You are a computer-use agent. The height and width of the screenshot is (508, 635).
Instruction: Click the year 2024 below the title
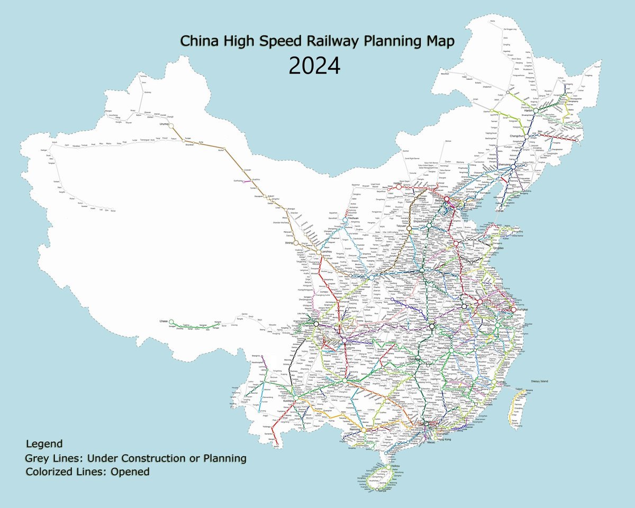pos(314,67)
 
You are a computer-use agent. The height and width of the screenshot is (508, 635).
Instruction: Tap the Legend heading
pos(44,443)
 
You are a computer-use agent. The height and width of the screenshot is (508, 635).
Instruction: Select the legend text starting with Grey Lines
pos(135,458)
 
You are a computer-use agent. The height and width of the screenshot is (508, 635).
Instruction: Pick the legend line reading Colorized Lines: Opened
pos(87,471)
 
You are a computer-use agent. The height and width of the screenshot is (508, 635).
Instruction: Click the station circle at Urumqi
pos(171,125)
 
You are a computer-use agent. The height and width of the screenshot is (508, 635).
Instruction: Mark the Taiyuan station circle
pos(409,229)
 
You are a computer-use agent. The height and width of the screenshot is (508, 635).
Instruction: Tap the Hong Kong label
pos(443,440)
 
